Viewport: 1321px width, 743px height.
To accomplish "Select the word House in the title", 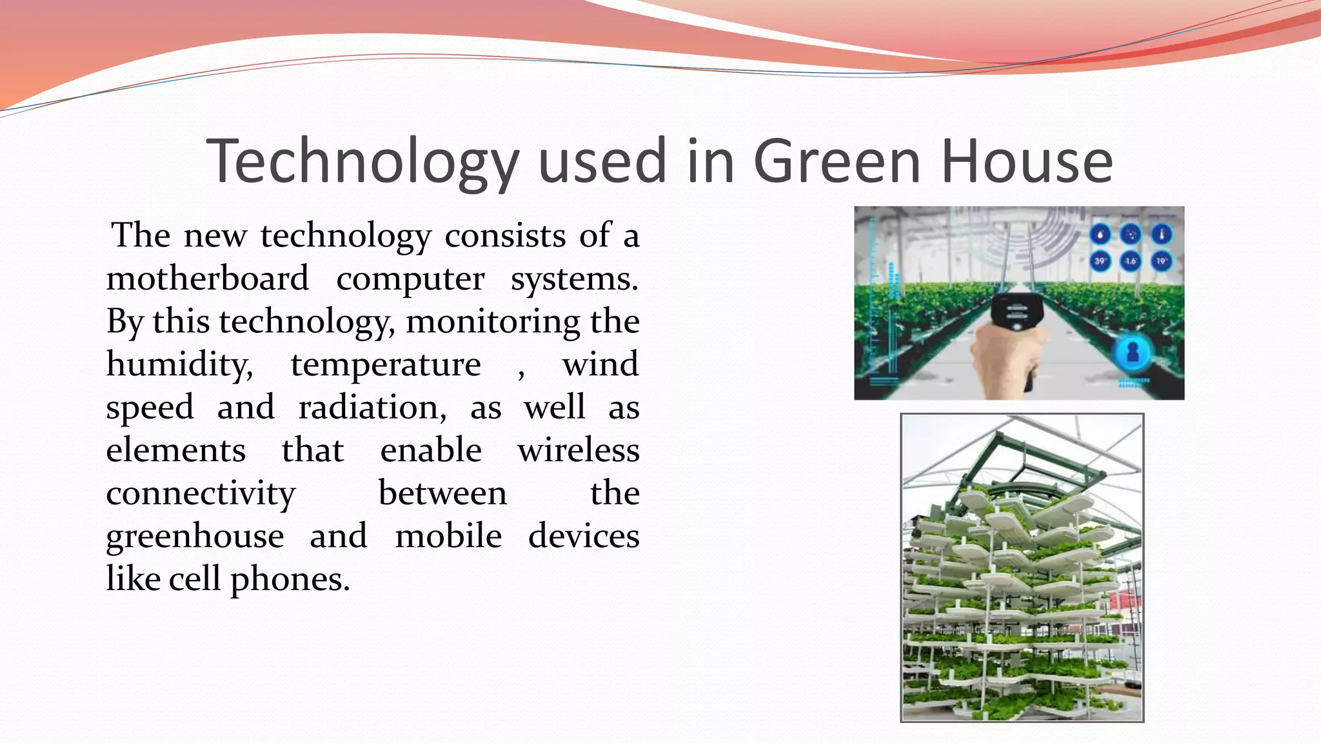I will [1026, 161].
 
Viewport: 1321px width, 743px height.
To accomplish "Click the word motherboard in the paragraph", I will [207, 279].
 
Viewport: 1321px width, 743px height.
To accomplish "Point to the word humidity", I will [179, 365].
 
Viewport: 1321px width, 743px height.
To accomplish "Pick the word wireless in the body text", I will [578, 450].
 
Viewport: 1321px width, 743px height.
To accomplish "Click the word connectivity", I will [201, 494].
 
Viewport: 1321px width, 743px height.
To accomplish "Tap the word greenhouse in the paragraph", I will [195, 537].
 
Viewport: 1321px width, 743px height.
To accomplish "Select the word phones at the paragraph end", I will [290, 579].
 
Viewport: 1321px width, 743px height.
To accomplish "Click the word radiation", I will [372, 408].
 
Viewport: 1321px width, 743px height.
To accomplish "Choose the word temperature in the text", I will [386, 365].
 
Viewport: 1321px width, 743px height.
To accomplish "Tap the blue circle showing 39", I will [1100, 261].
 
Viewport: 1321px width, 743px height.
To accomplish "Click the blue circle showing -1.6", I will [1130, 261].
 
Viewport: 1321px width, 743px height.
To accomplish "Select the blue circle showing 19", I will [1161, 261].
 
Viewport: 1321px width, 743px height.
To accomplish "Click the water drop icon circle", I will [1100, 234].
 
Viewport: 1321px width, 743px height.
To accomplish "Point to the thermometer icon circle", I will [1161, 234].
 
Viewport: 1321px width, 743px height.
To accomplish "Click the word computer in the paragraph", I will [410, 279].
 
